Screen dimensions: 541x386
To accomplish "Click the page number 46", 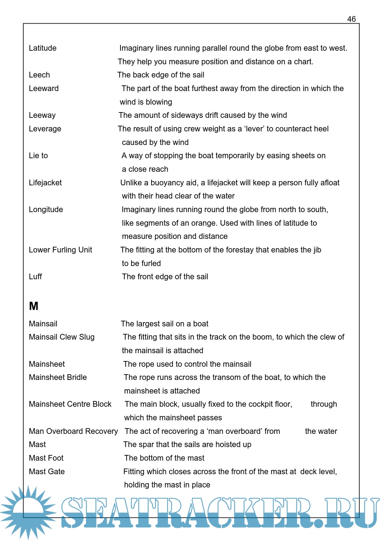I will (351, 19).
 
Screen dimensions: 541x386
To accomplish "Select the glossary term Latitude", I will (43, 48).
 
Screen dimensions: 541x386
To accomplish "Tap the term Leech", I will (39, 75).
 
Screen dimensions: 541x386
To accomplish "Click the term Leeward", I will (44, 89).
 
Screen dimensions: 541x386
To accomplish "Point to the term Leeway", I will (42, 115).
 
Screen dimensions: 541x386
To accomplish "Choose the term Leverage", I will (45, 129).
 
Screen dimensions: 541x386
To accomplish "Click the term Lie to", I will (38, 156).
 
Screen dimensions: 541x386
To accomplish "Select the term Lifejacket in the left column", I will (45, 183).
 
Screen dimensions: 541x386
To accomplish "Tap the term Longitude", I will (46, 210).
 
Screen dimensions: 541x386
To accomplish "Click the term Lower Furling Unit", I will (60, 250).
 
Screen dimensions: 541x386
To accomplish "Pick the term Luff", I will (35, 277).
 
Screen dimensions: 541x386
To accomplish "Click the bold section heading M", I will (34, 306).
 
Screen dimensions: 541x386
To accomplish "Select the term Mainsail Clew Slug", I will (61, 337).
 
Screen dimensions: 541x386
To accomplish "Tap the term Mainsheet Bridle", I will (58, 377).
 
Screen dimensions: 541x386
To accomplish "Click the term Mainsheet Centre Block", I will (70, 404).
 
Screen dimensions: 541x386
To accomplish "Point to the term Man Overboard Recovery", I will (73, 431).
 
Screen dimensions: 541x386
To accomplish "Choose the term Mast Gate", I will (47, 472).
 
